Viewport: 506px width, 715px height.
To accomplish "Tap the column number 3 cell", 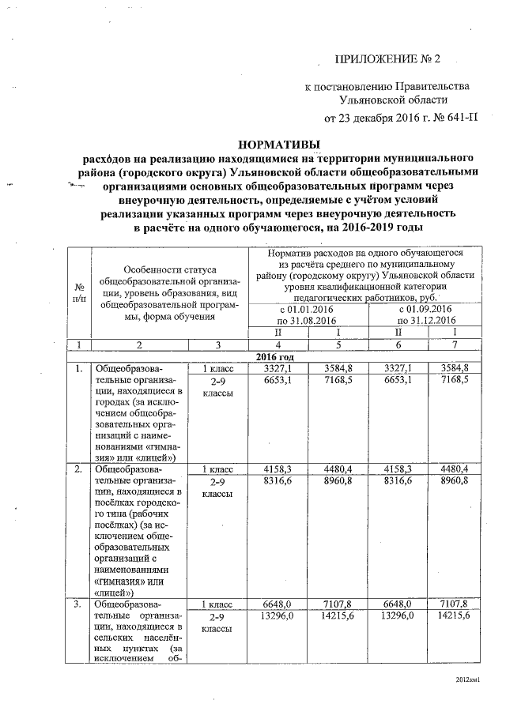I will point(217,344).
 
